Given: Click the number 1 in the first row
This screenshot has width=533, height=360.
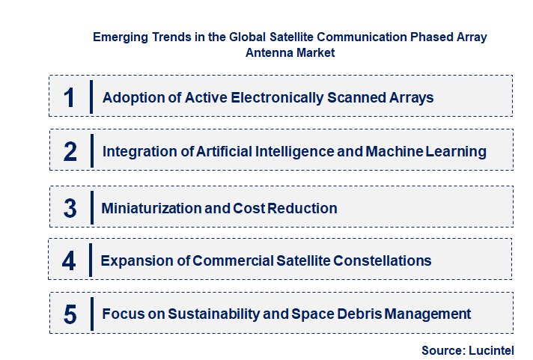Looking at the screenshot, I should [x=70, y=97].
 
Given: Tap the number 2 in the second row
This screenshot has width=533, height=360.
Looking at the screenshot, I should [x=70, y=152].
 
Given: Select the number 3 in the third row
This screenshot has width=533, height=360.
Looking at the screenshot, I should [x=70, y=208].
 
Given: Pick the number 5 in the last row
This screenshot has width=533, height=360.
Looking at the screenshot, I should [x=70, y=314].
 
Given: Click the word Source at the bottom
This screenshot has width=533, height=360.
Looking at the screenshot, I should [x=442, y=350].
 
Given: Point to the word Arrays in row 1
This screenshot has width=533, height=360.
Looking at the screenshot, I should [x=410, y=97].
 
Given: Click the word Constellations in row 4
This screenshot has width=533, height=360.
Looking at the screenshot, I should [x=381, y=260].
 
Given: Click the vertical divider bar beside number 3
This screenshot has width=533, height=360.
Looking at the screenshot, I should [x=91, y=207].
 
